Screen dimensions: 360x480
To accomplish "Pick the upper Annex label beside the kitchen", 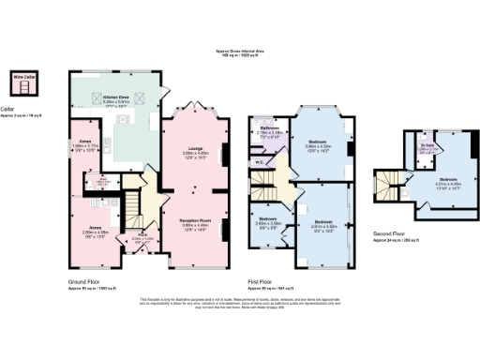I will pyautogui.click(x=84, y=143).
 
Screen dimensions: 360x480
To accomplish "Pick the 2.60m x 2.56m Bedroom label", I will pyautogui.click(x=269, y=221).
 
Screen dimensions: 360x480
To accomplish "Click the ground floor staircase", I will pyautogui.click(x=134, y=201).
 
